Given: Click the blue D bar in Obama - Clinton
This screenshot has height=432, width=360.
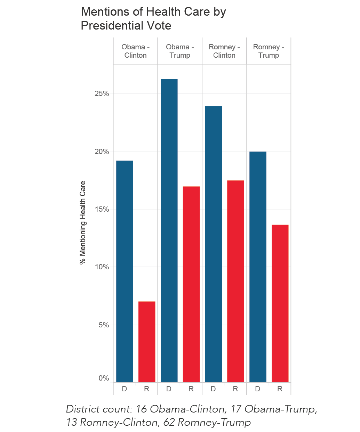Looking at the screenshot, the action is [x=125, y=271].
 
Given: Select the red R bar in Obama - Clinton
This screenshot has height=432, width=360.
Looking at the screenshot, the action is [x=147, y=342].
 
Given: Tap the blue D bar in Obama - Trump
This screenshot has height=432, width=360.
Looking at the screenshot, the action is [x=169, y=230].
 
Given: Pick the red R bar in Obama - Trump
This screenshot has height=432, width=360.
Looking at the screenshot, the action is [x=191, y=284].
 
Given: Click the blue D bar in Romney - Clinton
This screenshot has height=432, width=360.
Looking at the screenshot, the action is [x=213, y=244].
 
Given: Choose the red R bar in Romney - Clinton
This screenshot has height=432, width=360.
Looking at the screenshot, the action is [x=235, y=282].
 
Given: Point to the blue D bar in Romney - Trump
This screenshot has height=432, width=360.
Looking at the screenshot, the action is [x=258, y=267].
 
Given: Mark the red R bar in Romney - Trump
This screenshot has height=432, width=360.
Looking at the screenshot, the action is [x=280, y=303].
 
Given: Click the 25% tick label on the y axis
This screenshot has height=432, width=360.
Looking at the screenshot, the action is [x=102, y=93].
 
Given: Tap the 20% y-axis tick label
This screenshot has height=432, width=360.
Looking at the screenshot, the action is [x=102, y=152].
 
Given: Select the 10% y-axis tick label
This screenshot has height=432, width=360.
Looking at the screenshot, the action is [x=102, y=267].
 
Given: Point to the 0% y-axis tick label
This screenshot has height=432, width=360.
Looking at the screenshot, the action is [x=104, y=378].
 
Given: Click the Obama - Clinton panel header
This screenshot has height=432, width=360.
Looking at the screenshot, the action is [x=135, y=51].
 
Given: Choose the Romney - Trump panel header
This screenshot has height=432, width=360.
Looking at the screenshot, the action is [x=269, y=51].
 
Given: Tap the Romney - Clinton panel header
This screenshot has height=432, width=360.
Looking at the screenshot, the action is [x=224, y=51].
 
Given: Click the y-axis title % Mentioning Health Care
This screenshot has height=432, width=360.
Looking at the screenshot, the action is [x=83, y=223].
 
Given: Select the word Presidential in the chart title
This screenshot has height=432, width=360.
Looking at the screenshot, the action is [x=112, y=26].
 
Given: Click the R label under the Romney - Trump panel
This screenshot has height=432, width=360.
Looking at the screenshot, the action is [x=280, y=389].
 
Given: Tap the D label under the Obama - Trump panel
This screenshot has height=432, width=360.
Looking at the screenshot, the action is [x=169, y=389].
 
